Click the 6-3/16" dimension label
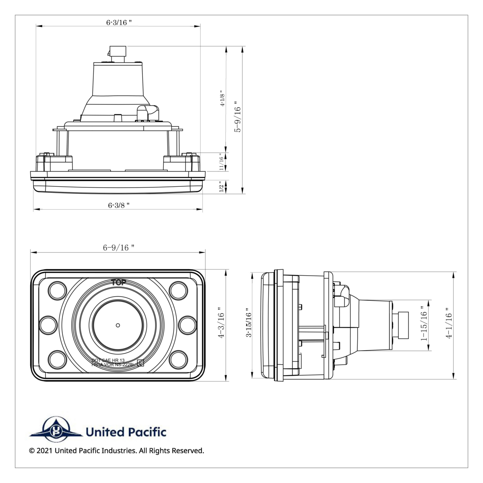119,23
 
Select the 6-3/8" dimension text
119,205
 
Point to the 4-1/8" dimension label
222,98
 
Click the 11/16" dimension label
221,162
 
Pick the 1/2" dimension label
221,187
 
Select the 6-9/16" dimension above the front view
118,248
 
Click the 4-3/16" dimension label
220,325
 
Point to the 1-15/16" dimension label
423,326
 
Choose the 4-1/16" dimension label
448,325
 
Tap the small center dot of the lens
117,325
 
